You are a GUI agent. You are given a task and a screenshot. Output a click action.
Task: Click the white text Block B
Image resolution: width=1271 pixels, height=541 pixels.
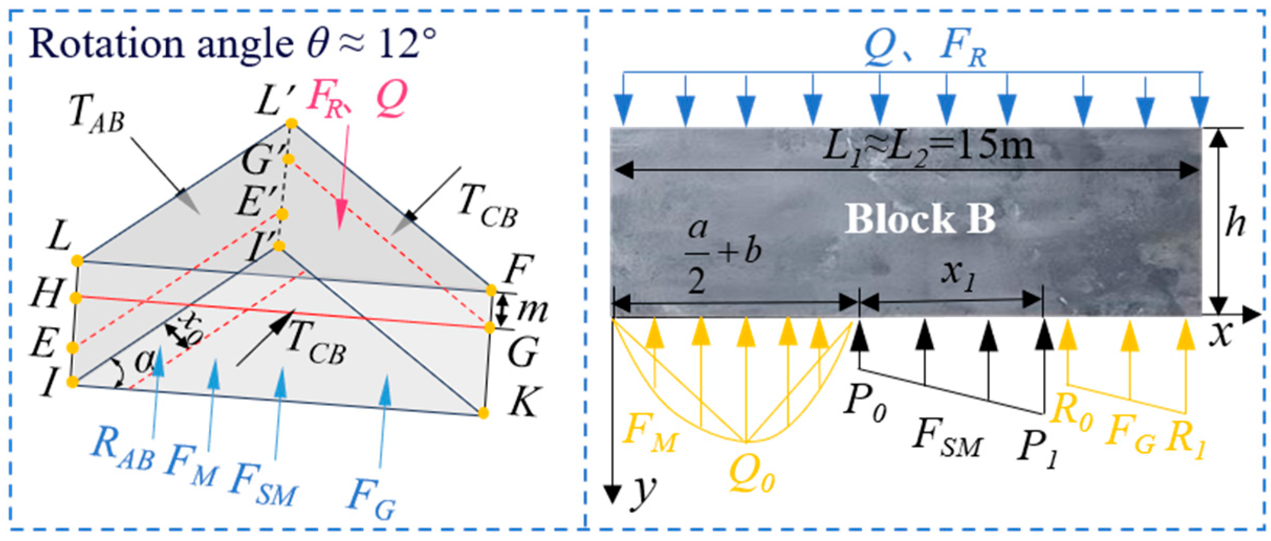click(x=920, y=218)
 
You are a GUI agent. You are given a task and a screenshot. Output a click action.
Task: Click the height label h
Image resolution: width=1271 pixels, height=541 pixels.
click(x=1235, y=222)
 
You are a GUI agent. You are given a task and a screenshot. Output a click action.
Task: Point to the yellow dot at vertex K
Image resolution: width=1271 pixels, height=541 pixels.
click(x=483, y=413)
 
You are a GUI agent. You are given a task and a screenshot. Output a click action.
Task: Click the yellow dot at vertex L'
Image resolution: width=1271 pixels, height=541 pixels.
click(x=291, y=124)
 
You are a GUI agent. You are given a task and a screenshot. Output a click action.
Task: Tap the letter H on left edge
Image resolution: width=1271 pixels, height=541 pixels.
click(x=47, y=293)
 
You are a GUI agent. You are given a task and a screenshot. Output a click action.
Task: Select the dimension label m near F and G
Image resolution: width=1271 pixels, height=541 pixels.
click(x=532, y=310)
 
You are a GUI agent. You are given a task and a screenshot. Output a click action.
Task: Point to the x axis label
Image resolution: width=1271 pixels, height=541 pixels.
click(x=1221, y=334)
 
